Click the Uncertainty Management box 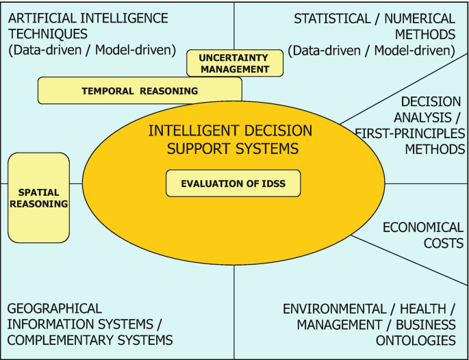coord(235,63)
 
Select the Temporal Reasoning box coord(140,90)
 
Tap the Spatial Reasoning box coord(39,198)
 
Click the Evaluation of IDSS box coord(233,183)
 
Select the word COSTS coord(442,243)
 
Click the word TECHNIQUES coord(48,34)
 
